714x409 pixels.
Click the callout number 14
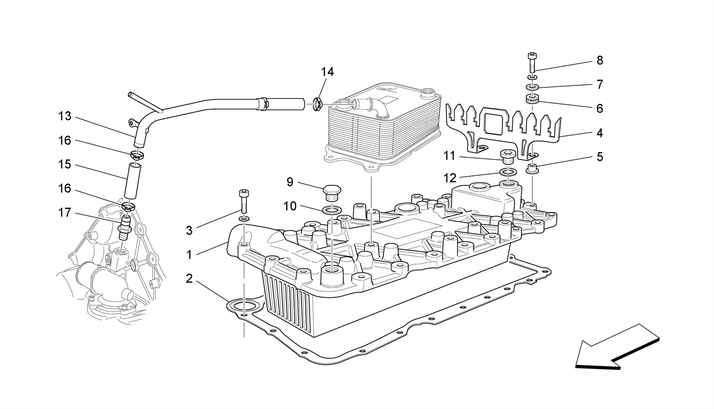(x=327, y=72)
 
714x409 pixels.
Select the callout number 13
(x=64, y=116)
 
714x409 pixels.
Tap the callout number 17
(x=64, y=212)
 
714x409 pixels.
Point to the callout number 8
(x=600, y=61)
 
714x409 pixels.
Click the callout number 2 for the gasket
(x=189, y=278)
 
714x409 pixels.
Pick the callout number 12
(x=450, y=178)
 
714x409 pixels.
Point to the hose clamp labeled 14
(x=318, y=104)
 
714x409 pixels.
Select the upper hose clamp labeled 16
(x=137, y=155)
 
